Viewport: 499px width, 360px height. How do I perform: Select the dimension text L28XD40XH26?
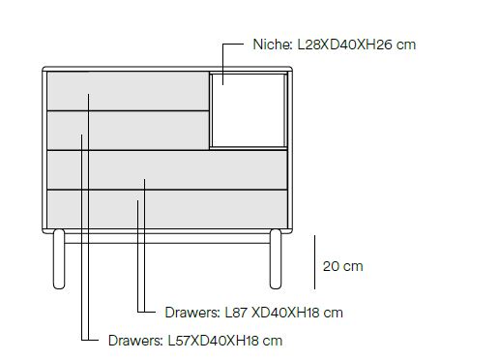coord(344,45)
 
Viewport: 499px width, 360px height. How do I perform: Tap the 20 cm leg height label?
coord(343,266)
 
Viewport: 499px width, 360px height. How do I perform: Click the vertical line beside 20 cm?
coord(314,262)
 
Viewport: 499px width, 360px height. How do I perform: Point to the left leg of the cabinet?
coord(59,259)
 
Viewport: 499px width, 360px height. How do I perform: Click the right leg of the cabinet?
coord(276,259)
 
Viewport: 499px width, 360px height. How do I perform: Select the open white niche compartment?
coord(249,110)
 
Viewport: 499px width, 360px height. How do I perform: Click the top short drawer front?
coord(128,91)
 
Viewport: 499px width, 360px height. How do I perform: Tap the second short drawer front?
coord(128,131)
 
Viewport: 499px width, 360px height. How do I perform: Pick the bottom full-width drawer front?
coord(167,209)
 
